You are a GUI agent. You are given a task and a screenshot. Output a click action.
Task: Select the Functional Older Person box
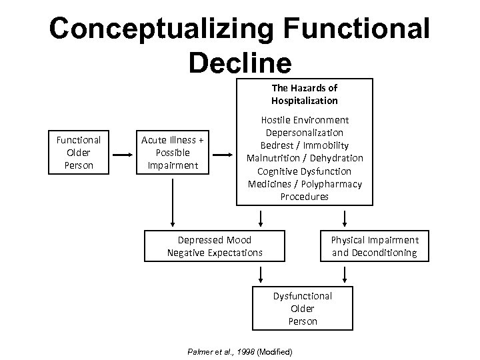coord(79,152)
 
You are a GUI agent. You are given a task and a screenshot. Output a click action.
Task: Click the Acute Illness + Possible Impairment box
coord(173,152)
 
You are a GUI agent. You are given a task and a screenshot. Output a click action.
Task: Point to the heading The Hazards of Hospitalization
coord(304,94)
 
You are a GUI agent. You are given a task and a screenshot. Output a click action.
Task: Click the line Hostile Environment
coord(305,120)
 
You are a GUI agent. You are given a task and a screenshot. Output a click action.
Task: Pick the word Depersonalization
coord(305,133)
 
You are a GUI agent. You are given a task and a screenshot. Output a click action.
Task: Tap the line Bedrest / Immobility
coord(305,145)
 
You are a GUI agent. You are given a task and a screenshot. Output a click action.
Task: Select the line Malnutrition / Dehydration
coord(305,158)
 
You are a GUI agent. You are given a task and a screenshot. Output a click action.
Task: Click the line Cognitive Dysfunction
coord(305,171)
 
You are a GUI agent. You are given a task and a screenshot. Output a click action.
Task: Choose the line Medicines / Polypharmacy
coord(305,183)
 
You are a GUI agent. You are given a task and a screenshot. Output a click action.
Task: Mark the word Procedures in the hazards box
coord(305,196)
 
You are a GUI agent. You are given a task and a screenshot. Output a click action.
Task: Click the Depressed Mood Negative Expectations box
coord(215,246)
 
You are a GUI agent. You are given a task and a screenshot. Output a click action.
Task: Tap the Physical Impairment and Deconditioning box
coord(375,246)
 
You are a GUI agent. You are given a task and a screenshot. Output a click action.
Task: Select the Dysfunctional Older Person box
coord(302,308)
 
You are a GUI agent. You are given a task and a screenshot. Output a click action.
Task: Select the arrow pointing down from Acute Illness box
coord(173,201)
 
